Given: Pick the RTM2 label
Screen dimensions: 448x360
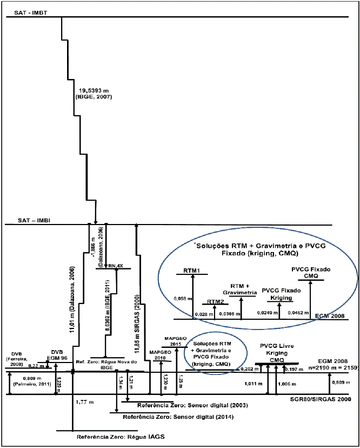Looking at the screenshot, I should tap(216, 302).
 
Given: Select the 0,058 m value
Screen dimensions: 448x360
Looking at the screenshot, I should tap(182, 298).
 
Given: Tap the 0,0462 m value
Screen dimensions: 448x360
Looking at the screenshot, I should tap(299, 312).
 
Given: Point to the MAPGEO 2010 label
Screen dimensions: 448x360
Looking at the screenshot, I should tap(162, 355).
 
